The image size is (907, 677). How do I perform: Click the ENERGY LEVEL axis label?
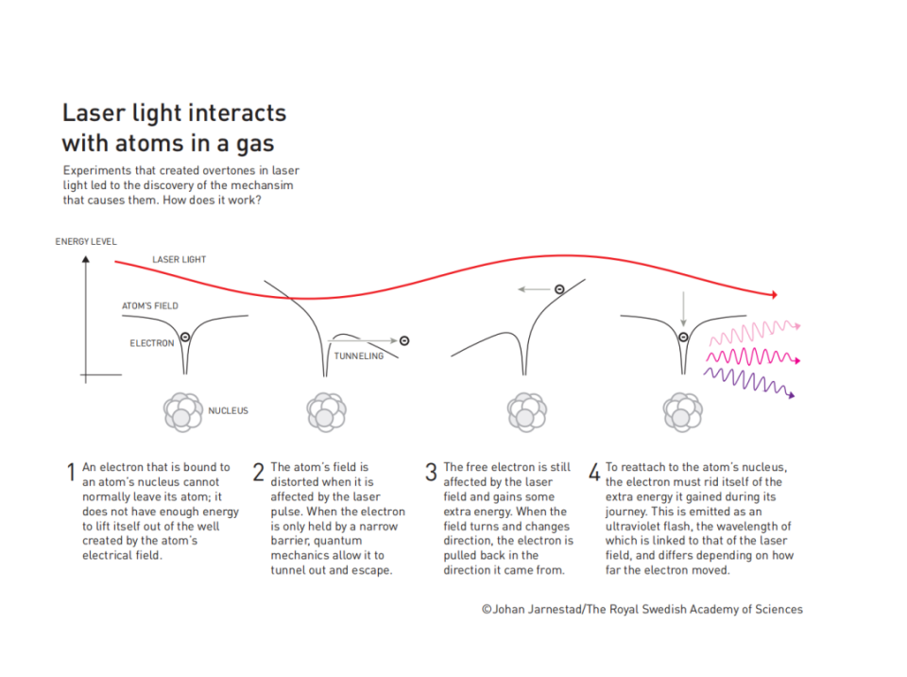point(86,241)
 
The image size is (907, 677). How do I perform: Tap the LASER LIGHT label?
point(179,259)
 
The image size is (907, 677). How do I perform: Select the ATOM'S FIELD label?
point(150,305)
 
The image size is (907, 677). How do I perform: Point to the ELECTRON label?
point(151,343)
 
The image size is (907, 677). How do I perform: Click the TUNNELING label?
point(359,356)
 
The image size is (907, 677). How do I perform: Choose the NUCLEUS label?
point(228,410)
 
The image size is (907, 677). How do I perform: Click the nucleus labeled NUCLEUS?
point(182,411)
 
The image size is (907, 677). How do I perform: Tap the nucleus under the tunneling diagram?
point(326,411)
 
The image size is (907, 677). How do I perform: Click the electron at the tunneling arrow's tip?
point(404,341)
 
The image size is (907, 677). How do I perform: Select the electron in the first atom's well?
point(185,337)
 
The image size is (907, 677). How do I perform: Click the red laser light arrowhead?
point(774,294)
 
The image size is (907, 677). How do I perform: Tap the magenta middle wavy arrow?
point(753,356)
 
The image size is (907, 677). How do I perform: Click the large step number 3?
point(431,472)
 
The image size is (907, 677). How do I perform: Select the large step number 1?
point(71,472)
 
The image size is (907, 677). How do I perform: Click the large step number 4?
point(594,472)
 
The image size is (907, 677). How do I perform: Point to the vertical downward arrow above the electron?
point(683,308)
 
